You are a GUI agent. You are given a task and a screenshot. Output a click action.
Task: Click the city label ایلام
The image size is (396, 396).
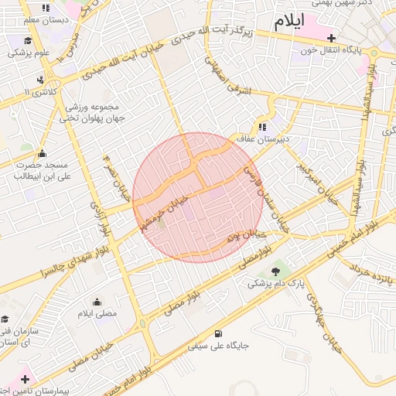(287, 19)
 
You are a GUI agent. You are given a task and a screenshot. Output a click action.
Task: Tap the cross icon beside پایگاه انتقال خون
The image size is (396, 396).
(332, 37)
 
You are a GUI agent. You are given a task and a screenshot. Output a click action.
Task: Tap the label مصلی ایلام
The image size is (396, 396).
(97, 314)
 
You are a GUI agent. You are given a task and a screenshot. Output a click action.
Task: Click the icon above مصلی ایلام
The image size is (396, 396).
(97, 302)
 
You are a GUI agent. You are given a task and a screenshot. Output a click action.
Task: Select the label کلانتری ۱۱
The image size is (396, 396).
(41, 92)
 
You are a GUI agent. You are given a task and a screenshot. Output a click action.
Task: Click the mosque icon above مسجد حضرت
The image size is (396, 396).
(41, 153)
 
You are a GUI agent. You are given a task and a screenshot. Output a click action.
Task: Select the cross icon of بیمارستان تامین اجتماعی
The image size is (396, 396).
(26, 379)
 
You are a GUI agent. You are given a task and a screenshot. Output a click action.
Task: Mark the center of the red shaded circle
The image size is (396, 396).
(197, 197)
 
